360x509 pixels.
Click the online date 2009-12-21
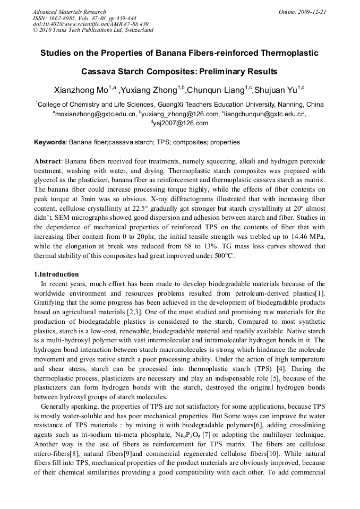point(312,12)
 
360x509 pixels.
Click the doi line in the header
point(90,24)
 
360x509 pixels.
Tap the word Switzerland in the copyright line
point(138,30)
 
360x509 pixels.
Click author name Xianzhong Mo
point(81,89)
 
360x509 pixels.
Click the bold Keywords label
point(50,142)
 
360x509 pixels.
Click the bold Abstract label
point(48,161)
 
